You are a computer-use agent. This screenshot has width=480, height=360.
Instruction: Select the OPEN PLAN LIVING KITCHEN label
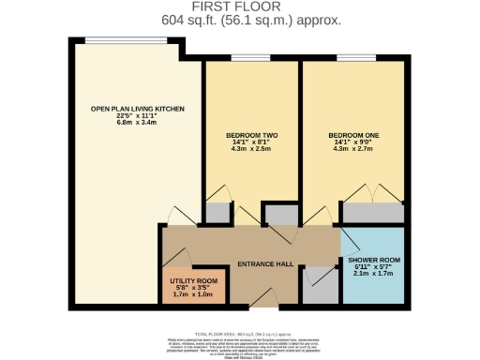[x=138, y=109]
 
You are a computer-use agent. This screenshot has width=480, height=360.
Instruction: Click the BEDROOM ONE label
[x=352, y=135]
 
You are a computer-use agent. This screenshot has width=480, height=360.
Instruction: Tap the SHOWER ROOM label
[x=373, y=259]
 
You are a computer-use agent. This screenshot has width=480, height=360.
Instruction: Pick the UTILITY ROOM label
[x=192, y=280]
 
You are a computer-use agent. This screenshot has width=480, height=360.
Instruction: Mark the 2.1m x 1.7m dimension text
[x=373, y=275]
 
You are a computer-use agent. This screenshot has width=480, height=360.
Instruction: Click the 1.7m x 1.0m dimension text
[x=192, y=294]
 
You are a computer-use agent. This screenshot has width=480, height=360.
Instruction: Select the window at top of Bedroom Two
[x=252, y=59]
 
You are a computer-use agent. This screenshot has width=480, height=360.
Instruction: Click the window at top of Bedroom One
[x=352, y=59]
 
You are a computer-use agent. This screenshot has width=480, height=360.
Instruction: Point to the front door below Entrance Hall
[x=262, y=306]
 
